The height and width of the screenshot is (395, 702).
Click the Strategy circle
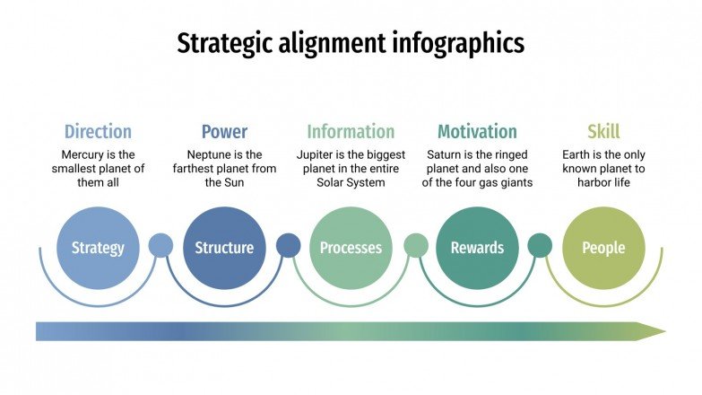tap(97, 248)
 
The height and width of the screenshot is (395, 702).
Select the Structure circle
tap(224, 248)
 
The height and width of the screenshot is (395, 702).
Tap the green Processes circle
tap(351, 248)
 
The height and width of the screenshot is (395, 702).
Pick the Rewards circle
tap(477, 248)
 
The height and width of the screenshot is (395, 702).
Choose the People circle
tap(603, 248)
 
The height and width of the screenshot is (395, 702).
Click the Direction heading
tap(98, 132)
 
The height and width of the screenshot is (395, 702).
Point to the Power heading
tap(224, 132)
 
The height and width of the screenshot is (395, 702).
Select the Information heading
tap(351, 132)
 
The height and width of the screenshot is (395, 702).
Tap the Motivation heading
tap(477, 132)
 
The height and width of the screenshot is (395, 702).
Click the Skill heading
tap(603, 132)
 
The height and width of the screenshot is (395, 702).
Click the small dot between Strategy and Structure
tap(160, 245)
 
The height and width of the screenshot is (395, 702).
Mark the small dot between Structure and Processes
tap(288, 245)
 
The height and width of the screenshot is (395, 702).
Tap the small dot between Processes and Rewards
tap(415, 245)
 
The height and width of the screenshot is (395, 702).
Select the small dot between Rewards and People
tap(540, 245)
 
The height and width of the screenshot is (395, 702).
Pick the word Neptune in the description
tap(208, 154)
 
